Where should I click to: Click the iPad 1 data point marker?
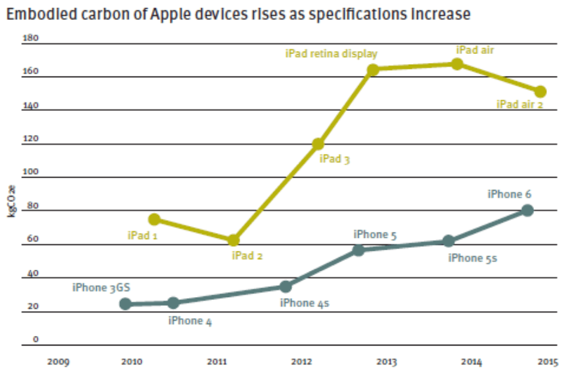point(154,219)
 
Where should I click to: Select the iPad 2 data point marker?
point(233,240)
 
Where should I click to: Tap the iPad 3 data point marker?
point(318,144)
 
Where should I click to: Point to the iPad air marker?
point(457,64)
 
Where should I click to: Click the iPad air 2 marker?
point(540,92)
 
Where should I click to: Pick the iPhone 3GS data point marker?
point(125,304)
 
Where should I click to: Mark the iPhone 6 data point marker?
point(528,210)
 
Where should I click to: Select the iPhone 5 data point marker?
point(359,250)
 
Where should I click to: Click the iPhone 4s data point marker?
point(286,287)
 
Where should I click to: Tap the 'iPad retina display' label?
point(331,54)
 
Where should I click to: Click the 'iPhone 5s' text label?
point(473,258)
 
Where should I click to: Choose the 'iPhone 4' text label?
point(190,321)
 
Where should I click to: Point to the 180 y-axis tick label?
point(30,39)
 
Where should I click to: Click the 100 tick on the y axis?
point(30,173)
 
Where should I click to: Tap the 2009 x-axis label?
point(58,361)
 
